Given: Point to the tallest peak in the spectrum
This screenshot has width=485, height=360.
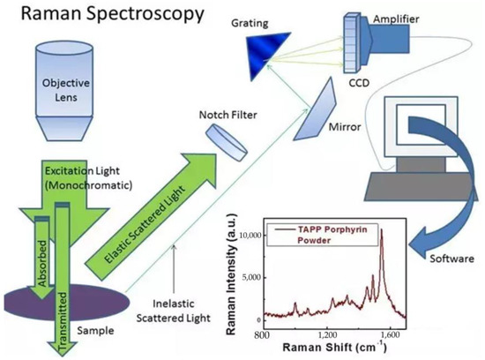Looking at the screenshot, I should [380, 252].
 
